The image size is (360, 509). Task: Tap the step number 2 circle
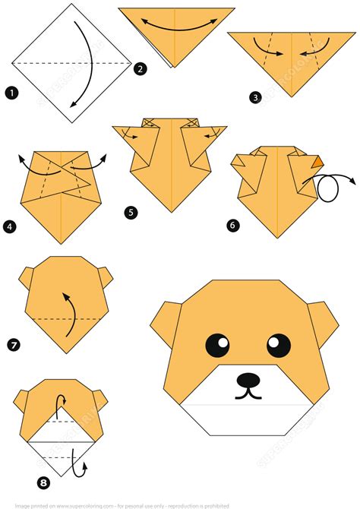pos(140,70)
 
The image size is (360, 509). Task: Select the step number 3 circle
pos(254,96)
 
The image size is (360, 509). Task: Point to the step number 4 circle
pos(10,226)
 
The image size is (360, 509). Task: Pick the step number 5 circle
pos(132,213)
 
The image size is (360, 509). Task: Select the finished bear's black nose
pos(247,378)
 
